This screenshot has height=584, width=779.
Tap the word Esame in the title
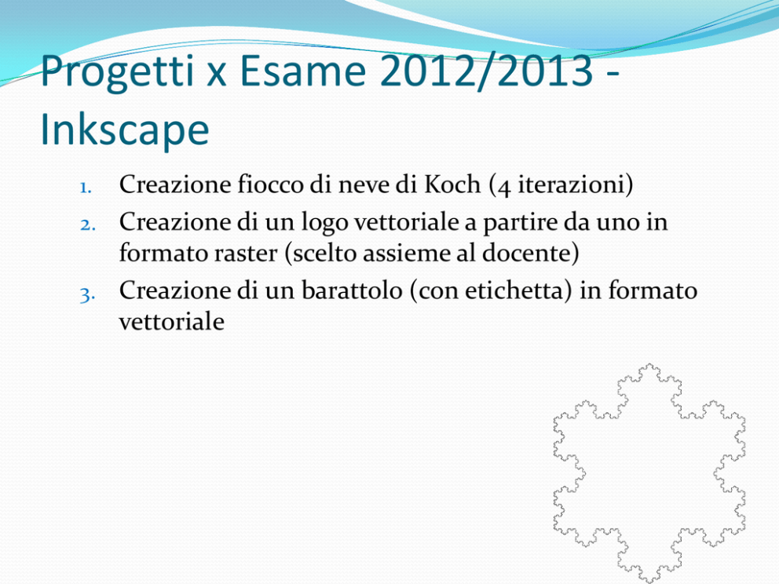pyautogui.click(x=303, y=70)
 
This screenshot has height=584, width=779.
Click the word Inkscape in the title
pyautogui.click(x=125, y=129)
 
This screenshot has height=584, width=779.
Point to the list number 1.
pyautogui.click(x=86, y=188)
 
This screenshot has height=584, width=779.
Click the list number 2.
pyautogui.click(x=87, y=225)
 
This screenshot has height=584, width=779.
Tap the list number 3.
pyautogui.click(x=87, y=295)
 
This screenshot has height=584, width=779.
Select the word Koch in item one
pyautogui.click(x=452, y=184)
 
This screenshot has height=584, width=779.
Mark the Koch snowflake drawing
pyautogui.click(x=649, y=473)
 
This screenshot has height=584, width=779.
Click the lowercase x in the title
pyautogui.click(x=217, y=75)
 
